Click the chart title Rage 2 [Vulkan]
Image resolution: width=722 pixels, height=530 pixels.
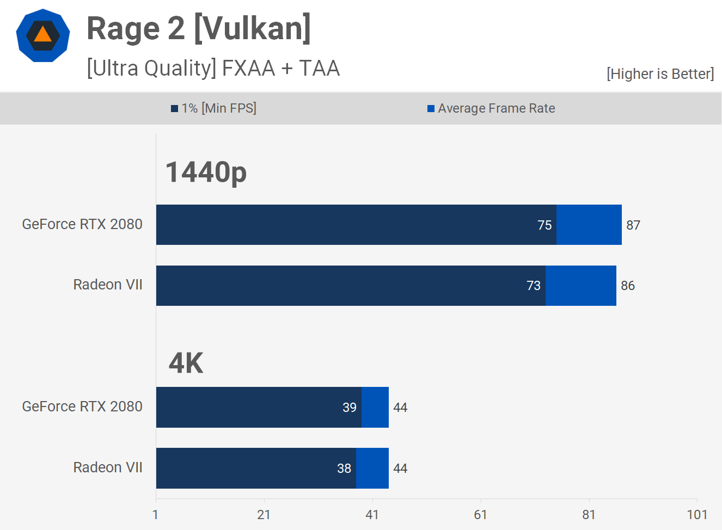point(199,29)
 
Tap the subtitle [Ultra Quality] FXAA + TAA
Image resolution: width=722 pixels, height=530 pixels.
point(213,69)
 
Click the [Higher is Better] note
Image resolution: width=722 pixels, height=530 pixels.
point(660,74)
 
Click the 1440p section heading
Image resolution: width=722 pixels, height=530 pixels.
point(206,172)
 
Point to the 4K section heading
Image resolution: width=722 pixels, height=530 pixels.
point(186,363)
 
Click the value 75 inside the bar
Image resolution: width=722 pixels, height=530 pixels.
point(544,225)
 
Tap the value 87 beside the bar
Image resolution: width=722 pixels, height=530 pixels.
point(633,225)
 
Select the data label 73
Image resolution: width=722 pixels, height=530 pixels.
point(534,286)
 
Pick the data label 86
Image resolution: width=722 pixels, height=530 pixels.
point(627,286)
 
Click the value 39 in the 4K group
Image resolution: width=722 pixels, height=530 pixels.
point(350,408)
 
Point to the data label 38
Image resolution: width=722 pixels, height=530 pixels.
point(344,469)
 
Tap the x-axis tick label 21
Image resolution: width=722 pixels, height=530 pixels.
point(264,515)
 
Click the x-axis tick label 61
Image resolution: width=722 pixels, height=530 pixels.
point(480,515)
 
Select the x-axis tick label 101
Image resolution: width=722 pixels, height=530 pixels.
point(697,515)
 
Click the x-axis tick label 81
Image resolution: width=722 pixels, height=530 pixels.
point(589,515)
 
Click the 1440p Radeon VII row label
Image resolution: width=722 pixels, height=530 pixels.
point(108,285)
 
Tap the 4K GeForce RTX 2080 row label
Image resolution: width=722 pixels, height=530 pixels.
point(82,406)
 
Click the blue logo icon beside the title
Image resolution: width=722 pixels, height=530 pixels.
point(43,35)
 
